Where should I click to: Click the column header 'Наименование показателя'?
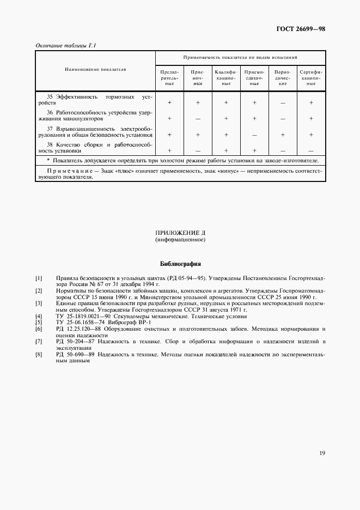(x=95, y=70)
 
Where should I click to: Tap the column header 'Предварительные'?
(x=169, y=78)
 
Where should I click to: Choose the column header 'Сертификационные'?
(x=311, y=78)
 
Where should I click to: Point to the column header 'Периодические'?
(x=283, y=78)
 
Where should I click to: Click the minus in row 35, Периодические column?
(x=283, y=102)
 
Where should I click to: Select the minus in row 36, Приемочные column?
(x=198, y=118)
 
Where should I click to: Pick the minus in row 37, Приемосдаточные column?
(x=254, y=134)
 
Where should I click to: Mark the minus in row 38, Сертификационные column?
(x=311, y=150)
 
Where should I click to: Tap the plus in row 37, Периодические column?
(x=283, y=134)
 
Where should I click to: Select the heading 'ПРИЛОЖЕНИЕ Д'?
(x=180, y=233)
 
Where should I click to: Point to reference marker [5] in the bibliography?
(x=39, y=323)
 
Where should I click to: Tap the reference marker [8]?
(x=39, y=354)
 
